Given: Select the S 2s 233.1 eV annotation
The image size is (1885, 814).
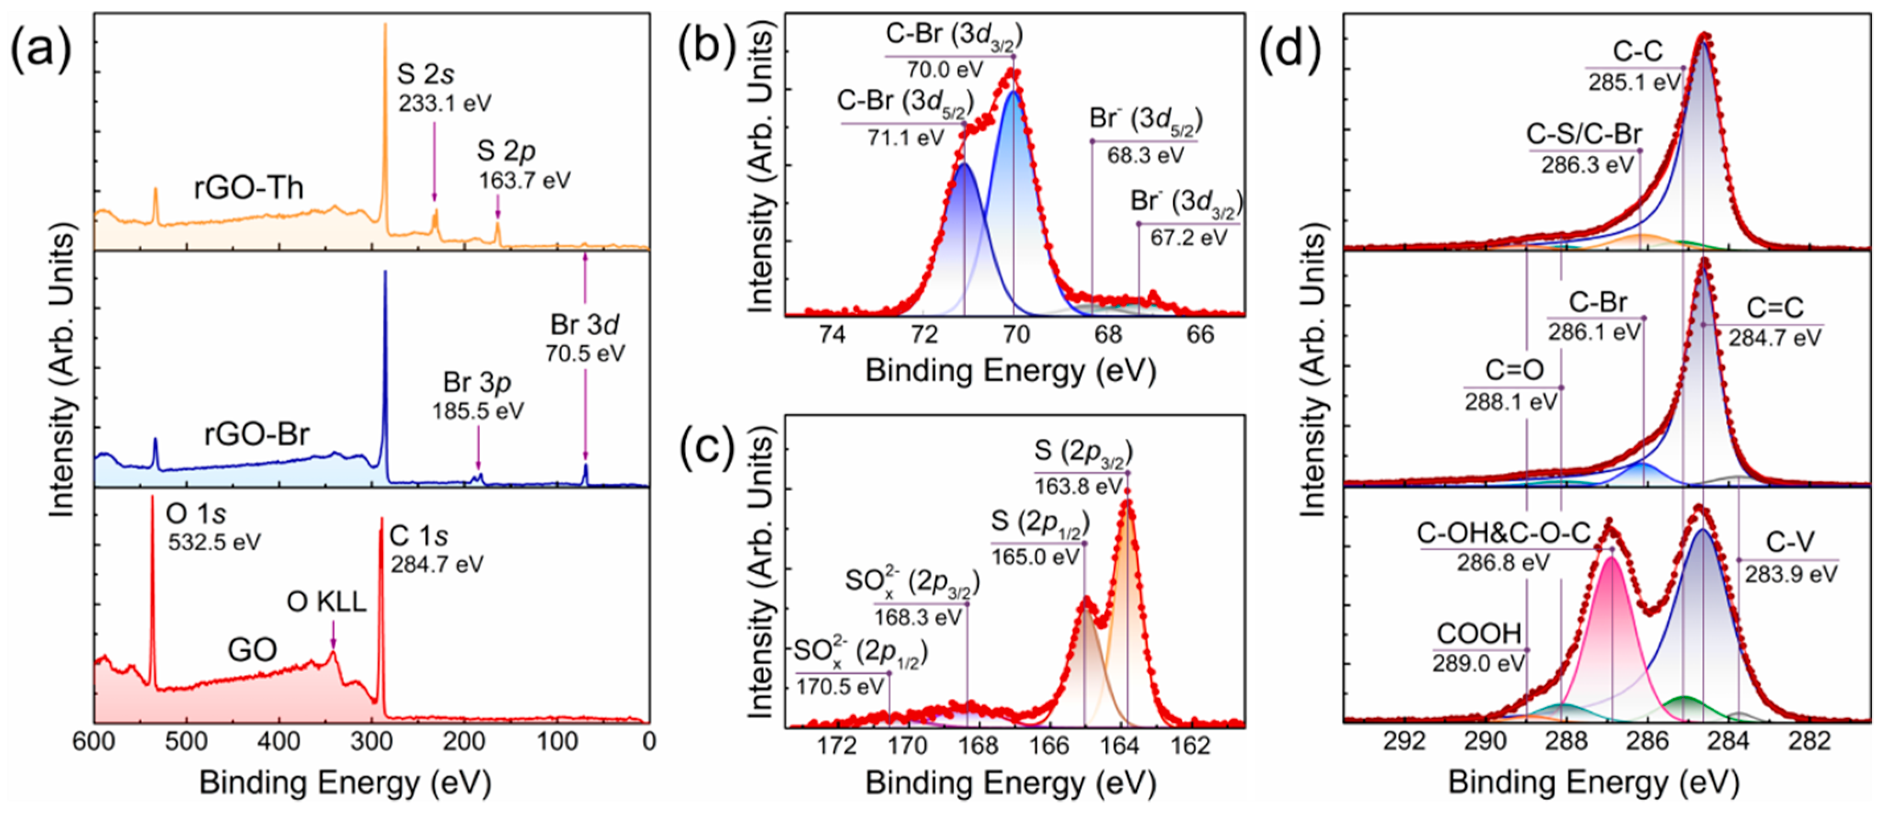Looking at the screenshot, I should click(444, 88).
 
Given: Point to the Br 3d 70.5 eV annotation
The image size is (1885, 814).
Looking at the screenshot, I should click(585, 338).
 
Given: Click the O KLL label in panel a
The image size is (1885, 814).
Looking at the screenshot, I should click(326, 602).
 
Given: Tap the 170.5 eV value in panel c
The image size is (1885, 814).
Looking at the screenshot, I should click(840, 687).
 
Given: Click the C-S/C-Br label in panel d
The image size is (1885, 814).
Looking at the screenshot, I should click(1583, 135).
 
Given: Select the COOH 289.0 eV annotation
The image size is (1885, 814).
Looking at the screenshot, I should click(1479, 647).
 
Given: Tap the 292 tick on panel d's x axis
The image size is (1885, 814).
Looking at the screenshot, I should click(1404, 741).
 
